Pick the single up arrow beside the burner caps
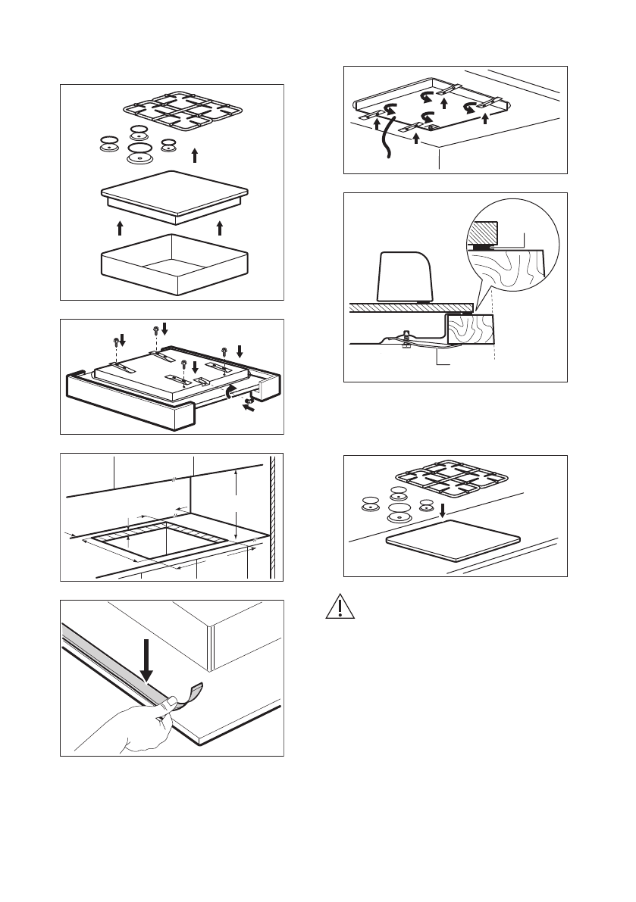195,155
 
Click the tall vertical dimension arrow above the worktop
237,503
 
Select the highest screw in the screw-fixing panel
156,329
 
